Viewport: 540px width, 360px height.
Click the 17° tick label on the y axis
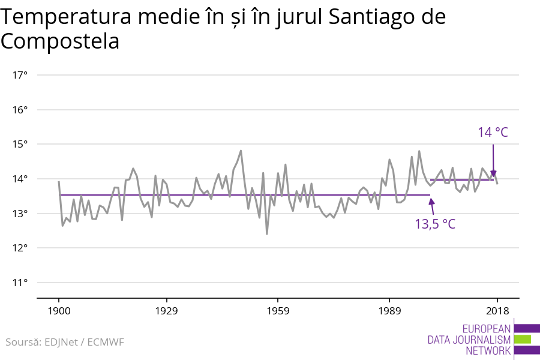(20, 75)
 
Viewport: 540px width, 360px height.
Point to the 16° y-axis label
(20, 110)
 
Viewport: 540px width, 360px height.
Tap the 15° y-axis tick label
(20, 144)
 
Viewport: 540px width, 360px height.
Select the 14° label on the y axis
(20, 179)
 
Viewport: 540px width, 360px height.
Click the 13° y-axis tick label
(20, 214)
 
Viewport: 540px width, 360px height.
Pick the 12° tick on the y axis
(20, 248)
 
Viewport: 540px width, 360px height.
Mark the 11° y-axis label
(20, 283)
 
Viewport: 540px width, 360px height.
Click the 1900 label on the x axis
(59, 311)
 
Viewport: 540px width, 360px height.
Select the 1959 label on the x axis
(277, 311)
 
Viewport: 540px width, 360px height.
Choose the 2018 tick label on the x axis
(497, 311)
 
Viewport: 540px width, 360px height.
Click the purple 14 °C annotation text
(493, 132)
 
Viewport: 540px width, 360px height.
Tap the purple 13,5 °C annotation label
(435, 224)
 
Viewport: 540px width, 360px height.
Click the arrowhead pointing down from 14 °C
(493, 174)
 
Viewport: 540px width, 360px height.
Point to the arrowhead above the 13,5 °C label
(431, 200)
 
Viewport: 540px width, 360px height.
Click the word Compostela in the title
(60, 42)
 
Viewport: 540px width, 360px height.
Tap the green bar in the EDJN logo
(523, 339)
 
